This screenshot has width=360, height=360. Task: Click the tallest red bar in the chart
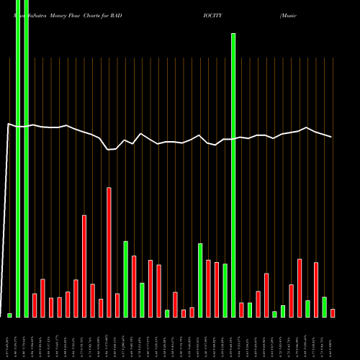[109, 252]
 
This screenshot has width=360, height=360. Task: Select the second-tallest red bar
[84, 266]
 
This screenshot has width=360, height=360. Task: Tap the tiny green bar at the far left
[10, 315]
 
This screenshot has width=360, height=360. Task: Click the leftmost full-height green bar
[18, 158]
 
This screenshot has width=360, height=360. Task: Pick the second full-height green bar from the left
[27, 158]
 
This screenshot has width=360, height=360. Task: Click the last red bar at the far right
[333, 312]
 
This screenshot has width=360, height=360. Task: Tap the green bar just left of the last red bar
[324, 307]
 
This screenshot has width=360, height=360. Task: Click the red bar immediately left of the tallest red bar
[101, 307]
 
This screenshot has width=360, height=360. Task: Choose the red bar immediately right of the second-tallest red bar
[92, 300]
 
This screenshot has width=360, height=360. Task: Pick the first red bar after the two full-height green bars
[35, 305]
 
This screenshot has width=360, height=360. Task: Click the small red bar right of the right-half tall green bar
[241, 310]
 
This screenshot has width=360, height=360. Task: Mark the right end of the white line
[332, 137]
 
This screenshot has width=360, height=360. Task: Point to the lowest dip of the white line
[109, 150]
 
